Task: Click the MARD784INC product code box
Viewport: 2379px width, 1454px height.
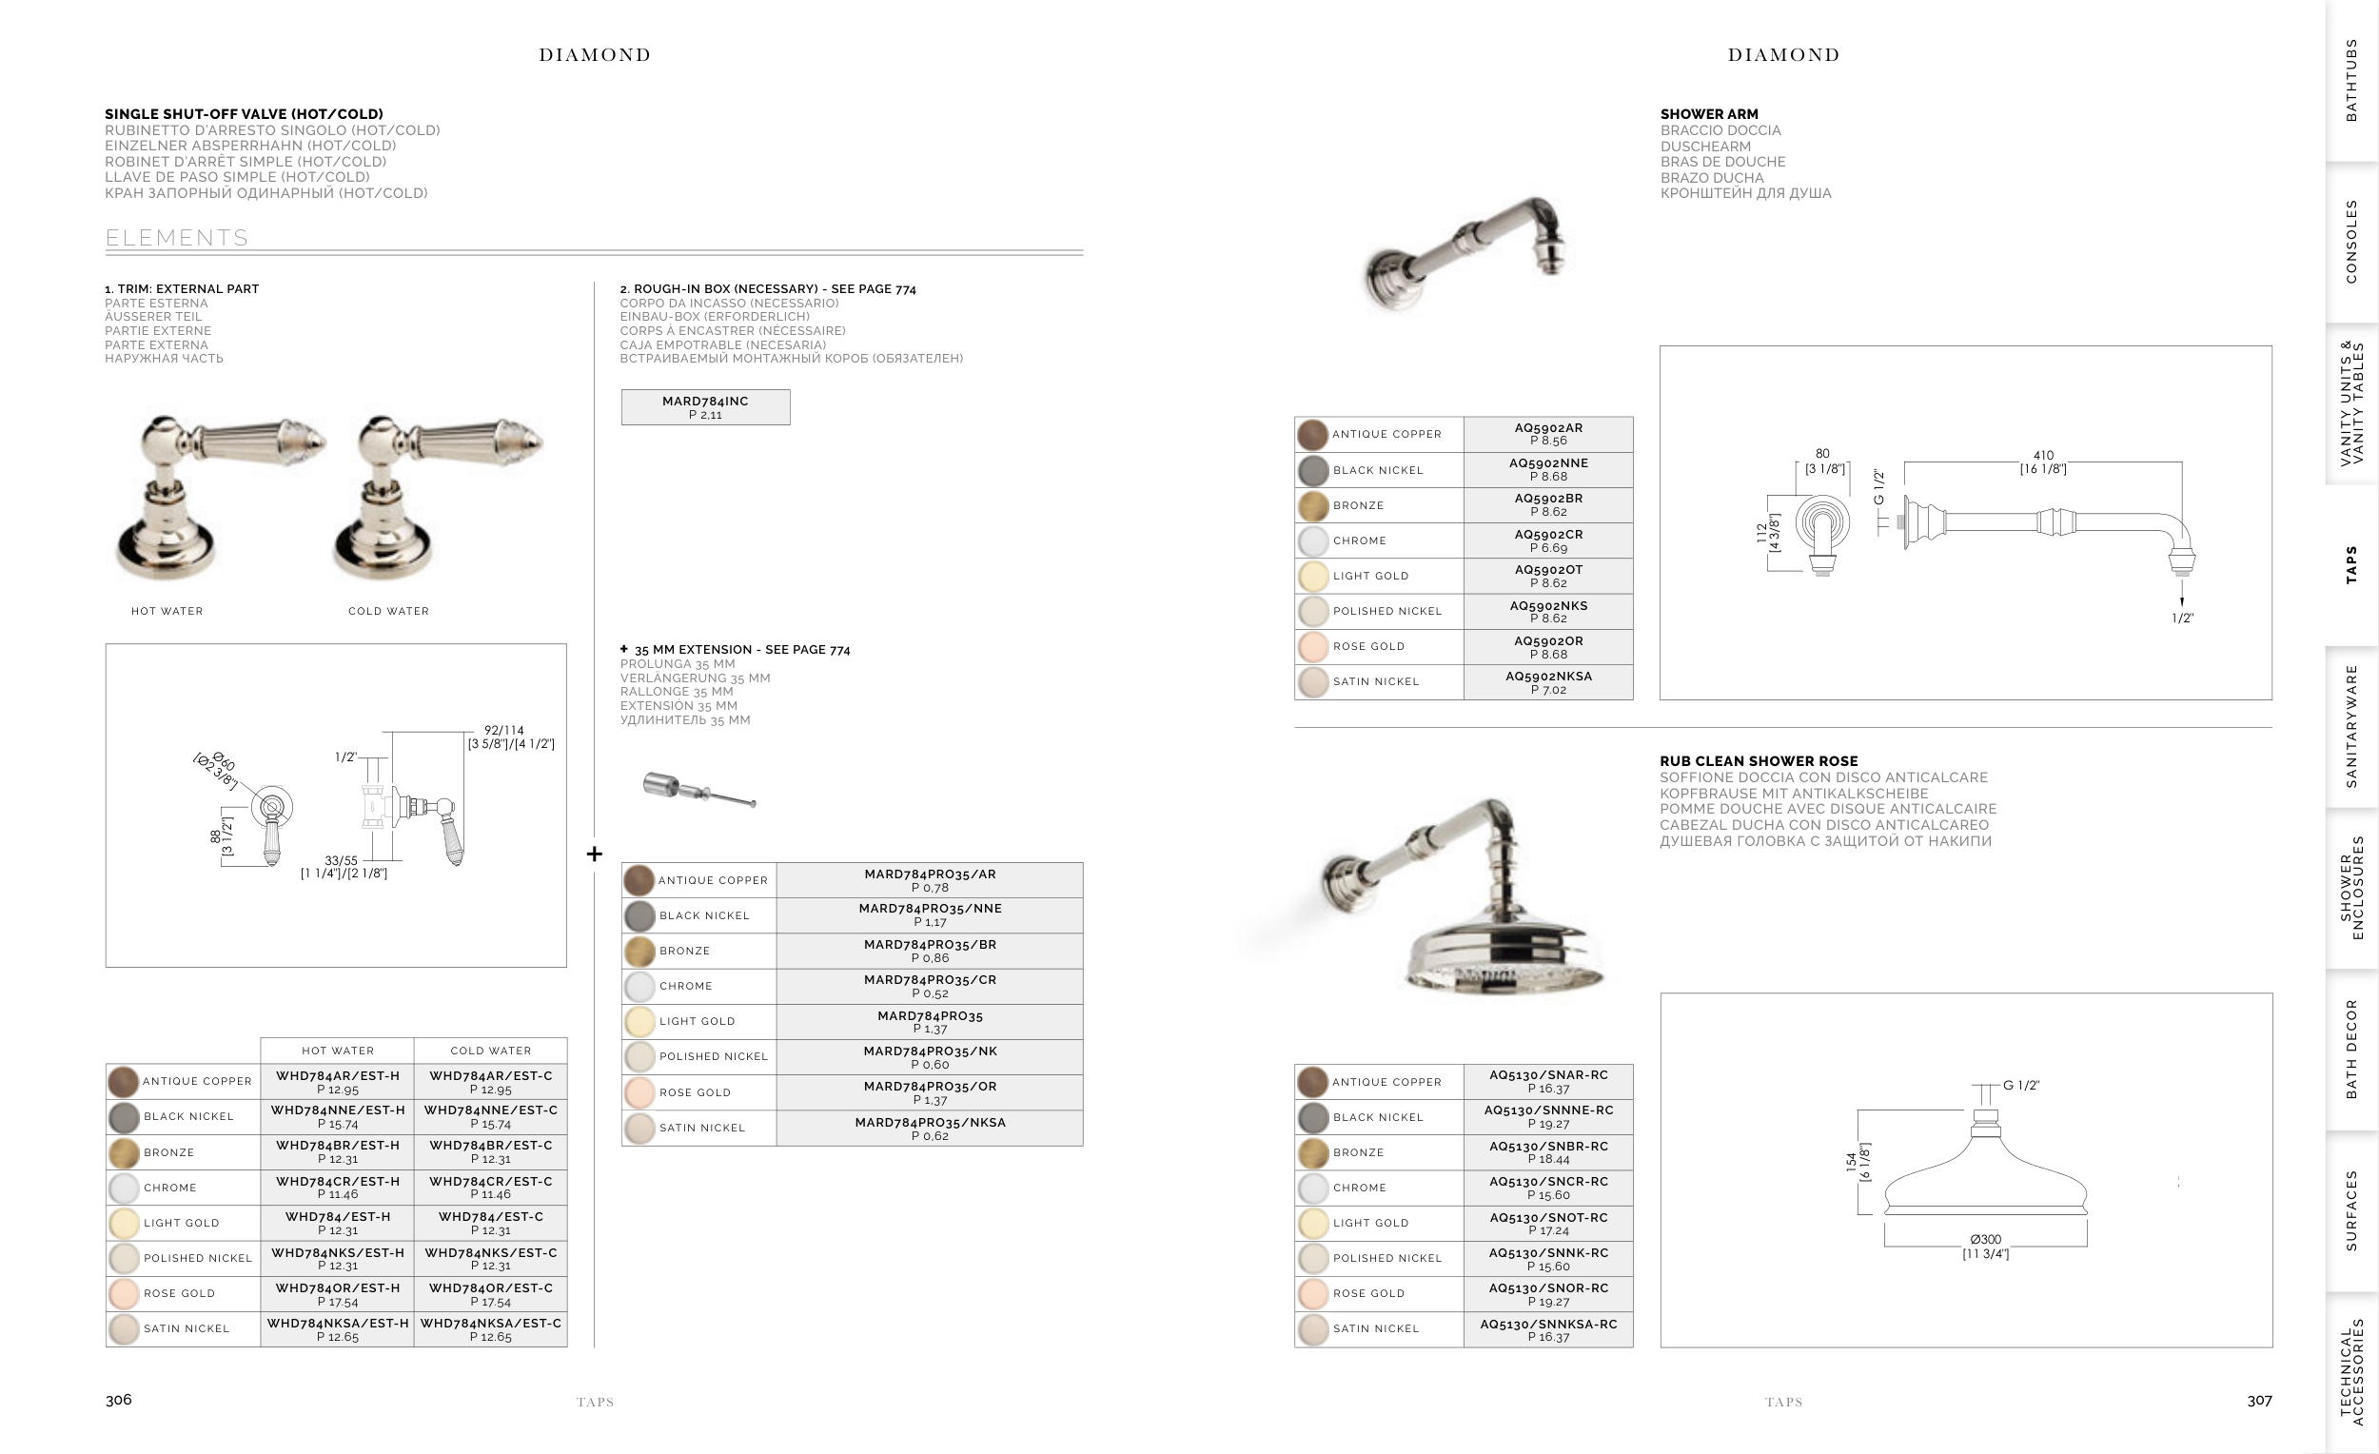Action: point(705,407)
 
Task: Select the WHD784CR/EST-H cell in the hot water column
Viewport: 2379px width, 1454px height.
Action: point(337,1188)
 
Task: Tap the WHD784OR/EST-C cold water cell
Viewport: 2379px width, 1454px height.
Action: point(490,1294)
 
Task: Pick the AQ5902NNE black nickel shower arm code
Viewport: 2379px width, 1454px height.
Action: point(1547,469)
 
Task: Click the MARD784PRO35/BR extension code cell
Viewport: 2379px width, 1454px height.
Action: point(930,951)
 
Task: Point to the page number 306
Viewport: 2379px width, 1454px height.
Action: point(119,1400)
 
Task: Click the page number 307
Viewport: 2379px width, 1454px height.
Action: point(2259,1401)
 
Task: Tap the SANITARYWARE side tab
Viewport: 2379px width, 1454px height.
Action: point(2351,726)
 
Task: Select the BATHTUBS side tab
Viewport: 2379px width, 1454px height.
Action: point(2351,80)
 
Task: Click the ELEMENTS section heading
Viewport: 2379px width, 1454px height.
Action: point(177,238)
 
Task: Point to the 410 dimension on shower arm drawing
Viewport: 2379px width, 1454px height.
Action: point(2043,455)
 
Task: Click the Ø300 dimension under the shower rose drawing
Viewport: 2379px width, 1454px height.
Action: point(1985,1239)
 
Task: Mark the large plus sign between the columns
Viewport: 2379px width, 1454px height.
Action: point(595,854)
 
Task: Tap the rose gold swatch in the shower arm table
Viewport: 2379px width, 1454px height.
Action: point(1313,647)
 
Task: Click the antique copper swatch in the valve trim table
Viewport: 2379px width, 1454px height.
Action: point(124,1081)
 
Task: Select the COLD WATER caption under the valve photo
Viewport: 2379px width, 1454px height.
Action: point(388,611)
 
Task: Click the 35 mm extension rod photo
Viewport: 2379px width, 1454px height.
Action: point(699,791)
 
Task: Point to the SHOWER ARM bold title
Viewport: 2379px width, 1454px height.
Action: point(1709,114)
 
